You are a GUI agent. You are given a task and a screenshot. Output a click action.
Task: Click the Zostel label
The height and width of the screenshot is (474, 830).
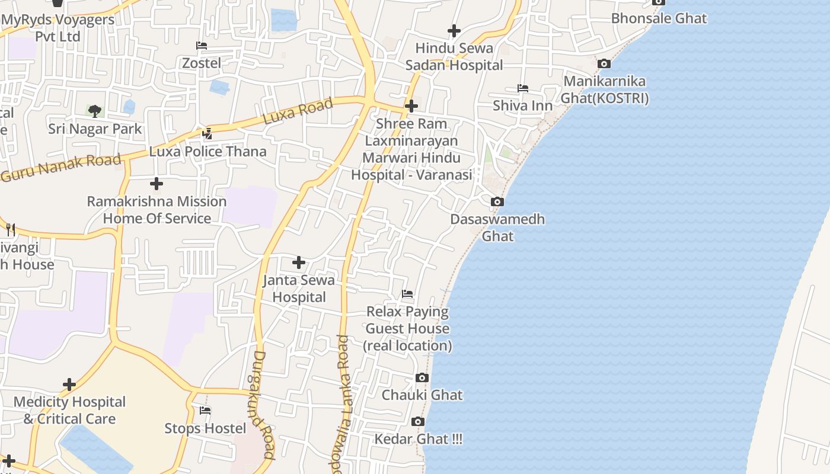[x=202, y=63]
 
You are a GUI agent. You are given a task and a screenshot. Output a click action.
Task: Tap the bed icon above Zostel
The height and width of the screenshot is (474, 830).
[x=202, y=46]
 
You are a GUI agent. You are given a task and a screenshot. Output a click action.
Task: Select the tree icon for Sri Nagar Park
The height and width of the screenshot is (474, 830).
[x=95, y=111]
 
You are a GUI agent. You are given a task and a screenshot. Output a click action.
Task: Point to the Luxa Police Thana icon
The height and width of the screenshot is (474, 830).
[x=207, y=134]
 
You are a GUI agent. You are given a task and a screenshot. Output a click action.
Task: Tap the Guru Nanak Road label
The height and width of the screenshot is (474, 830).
[x=61, y=168]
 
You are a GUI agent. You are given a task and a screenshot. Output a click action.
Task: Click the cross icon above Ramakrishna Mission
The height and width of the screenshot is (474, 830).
[x=157, y=184]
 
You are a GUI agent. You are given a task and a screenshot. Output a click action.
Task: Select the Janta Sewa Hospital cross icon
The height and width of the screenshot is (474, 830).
[x=299, y=262]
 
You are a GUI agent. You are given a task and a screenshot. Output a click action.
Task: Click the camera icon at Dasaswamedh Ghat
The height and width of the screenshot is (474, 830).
[x=497, y=202]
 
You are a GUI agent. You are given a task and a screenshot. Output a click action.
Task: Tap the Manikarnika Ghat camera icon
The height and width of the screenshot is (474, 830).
[x=604, y=64]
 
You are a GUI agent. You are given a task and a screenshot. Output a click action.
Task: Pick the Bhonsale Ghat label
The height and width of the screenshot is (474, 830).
[x=659, y=18]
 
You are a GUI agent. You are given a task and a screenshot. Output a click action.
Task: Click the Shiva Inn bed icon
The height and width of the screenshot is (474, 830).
[x=522, y=88]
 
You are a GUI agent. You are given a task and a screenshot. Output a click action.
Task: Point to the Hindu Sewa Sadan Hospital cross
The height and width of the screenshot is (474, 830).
[x=454, y=31]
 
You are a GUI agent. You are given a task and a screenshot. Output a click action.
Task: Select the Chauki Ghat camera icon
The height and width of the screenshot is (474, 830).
[x=422, y=378]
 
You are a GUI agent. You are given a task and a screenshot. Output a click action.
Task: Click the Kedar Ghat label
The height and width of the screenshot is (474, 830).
[x=418, y=440]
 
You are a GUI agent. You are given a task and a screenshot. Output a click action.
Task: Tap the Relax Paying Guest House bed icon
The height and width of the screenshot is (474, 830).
[x=407, y=294]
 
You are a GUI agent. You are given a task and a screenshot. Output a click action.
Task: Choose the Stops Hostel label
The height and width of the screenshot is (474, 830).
[x=205, y=428]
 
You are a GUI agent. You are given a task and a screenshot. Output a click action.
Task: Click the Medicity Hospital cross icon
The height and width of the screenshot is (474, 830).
[x=69, y=385]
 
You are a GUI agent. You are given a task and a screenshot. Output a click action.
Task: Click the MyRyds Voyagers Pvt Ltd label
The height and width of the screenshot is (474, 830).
[x=58, y=28]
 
